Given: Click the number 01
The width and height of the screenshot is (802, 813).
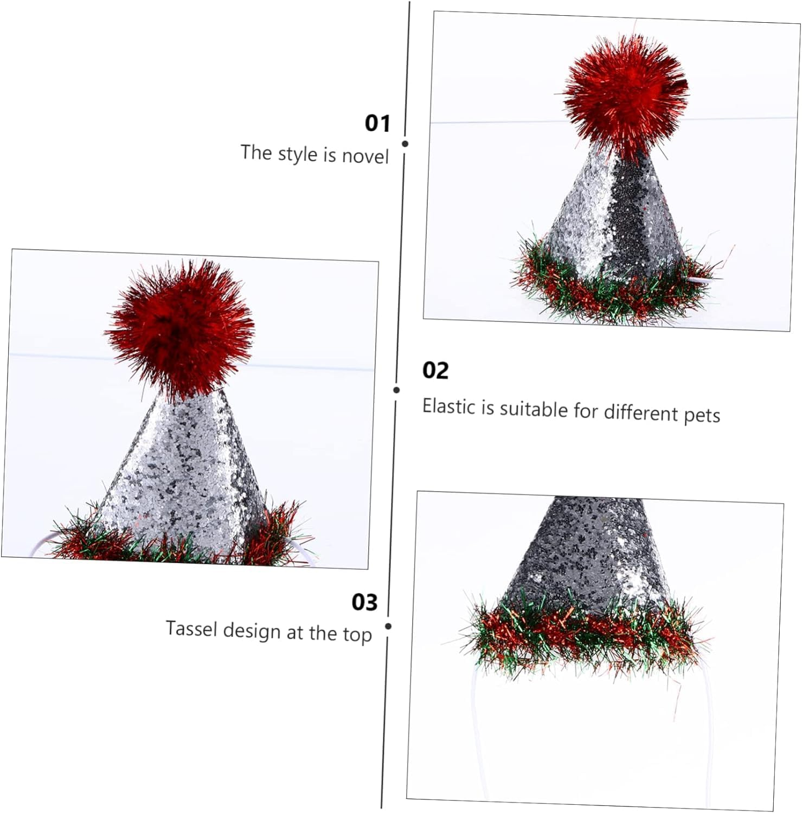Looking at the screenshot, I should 377,124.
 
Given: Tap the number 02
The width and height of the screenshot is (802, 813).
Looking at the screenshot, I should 435,371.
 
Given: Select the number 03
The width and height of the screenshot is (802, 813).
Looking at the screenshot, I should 364,602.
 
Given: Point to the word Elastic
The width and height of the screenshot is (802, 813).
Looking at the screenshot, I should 449,406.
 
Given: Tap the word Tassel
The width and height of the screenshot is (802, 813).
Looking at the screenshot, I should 191,629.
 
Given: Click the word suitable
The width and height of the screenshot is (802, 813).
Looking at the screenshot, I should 534,409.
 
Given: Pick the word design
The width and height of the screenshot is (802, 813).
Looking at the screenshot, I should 251,631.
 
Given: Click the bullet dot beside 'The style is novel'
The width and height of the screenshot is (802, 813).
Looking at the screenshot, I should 405,144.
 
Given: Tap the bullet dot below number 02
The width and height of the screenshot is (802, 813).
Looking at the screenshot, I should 397,390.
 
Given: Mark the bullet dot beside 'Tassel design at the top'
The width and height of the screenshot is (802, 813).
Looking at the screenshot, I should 388,626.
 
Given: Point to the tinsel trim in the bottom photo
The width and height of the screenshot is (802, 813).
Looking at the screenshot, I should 580,634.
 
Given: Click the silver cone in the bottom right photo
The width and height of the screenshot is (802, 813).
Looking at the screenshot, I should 586,553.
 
